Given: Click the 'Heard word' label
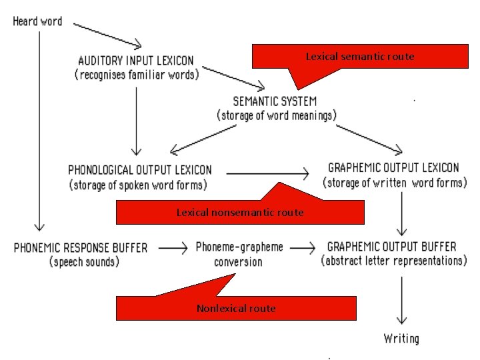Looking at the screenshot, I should pos(37,21).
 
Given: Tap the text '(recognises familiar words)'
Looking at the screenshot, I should pos(136,74).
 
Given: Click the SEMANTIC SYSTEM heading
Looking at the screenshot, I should pos(275,101).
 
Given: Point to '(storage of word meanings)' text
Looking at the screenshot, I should pos(276,115).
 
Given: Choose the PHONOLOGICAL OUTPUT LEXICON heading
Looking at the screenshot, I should pos(140,170).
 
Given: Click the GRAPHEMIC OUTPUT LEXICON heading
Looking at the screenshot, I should pos(393,167).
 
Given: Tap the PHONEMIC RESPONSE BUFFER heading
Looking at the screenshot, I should pos(81,247).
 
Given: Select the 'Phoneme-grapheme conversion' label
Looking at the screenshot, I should pos(239,254).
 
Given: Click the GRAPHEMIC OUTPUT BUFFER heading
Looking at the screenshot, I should pos(392,246).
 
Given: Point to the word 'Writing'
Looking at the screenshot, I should pos(401,338).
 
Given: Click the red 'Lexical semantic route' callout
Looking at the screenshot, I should pos(359,57).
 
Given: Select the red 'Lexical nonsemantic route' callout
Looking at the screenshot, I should pos(240,212).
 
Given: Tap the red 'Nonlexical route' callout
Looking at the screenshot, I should pos(236,308).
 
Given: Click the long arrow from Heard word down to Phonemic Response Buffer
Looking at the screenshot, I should pos(39,127).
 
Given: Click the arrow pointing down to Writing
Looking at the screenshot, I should pos(402,300).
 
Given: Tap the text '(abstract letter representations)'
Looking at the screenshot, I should pos(393,261).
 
